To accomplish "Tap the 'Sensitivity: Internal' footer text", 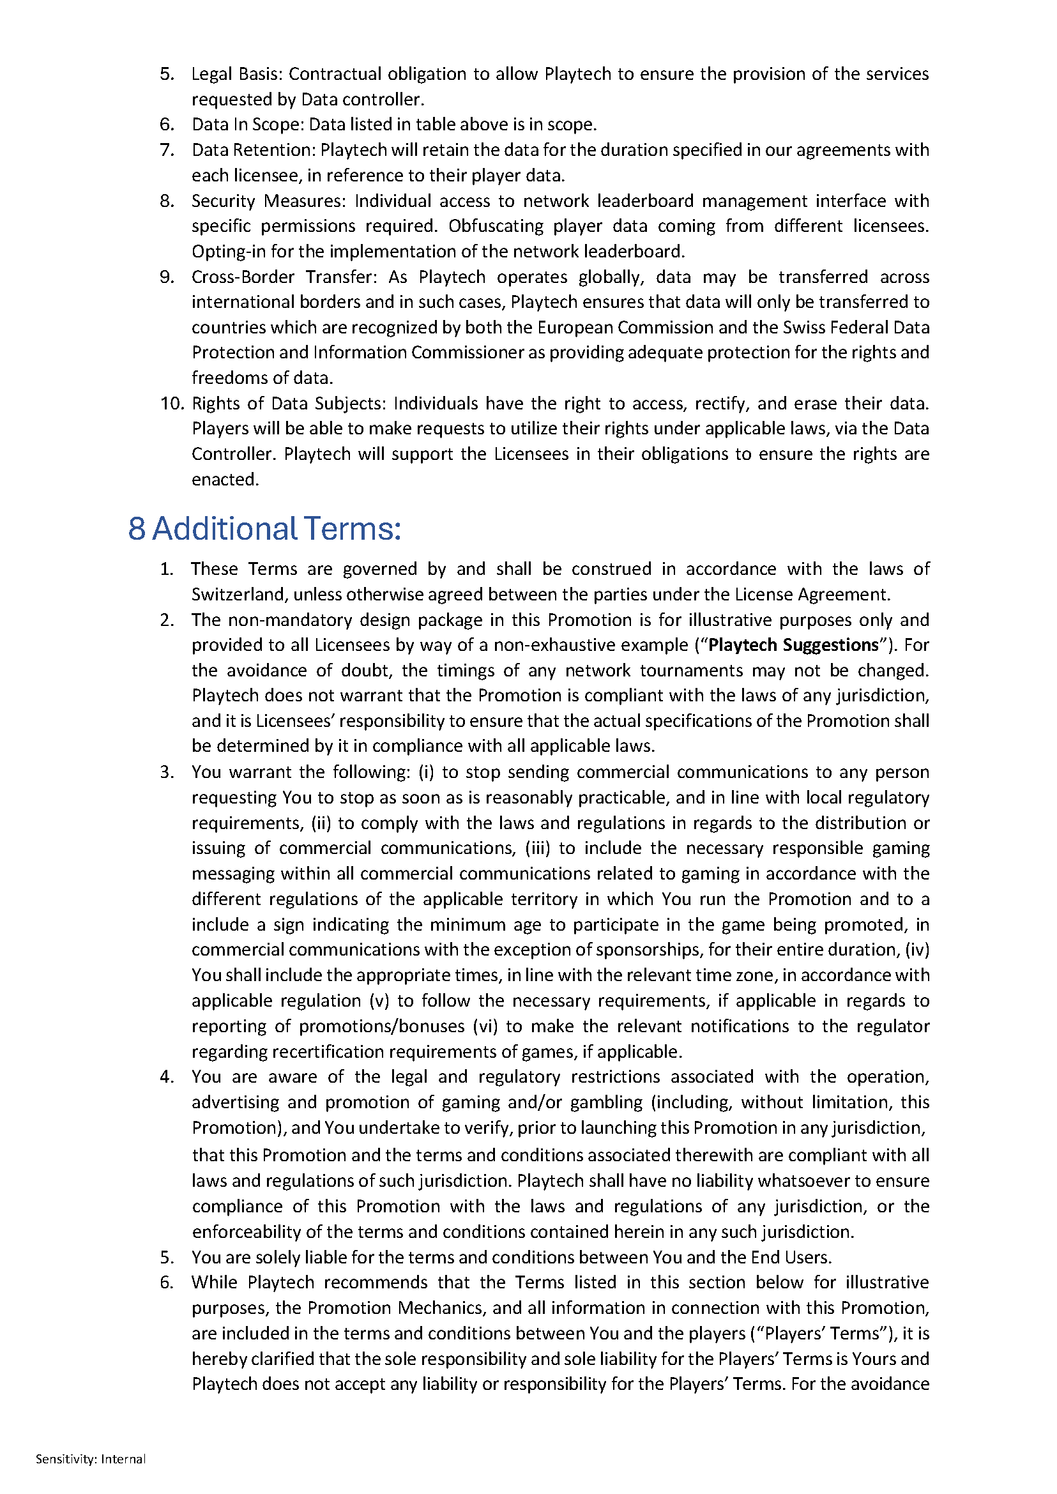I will coord(91,1459).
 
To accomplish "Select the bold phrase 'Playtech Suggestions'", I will coord(793,645).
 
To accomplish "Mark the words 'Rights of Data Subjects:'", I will coord(289,404).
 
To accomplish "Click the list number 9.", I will coord(167,277).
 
